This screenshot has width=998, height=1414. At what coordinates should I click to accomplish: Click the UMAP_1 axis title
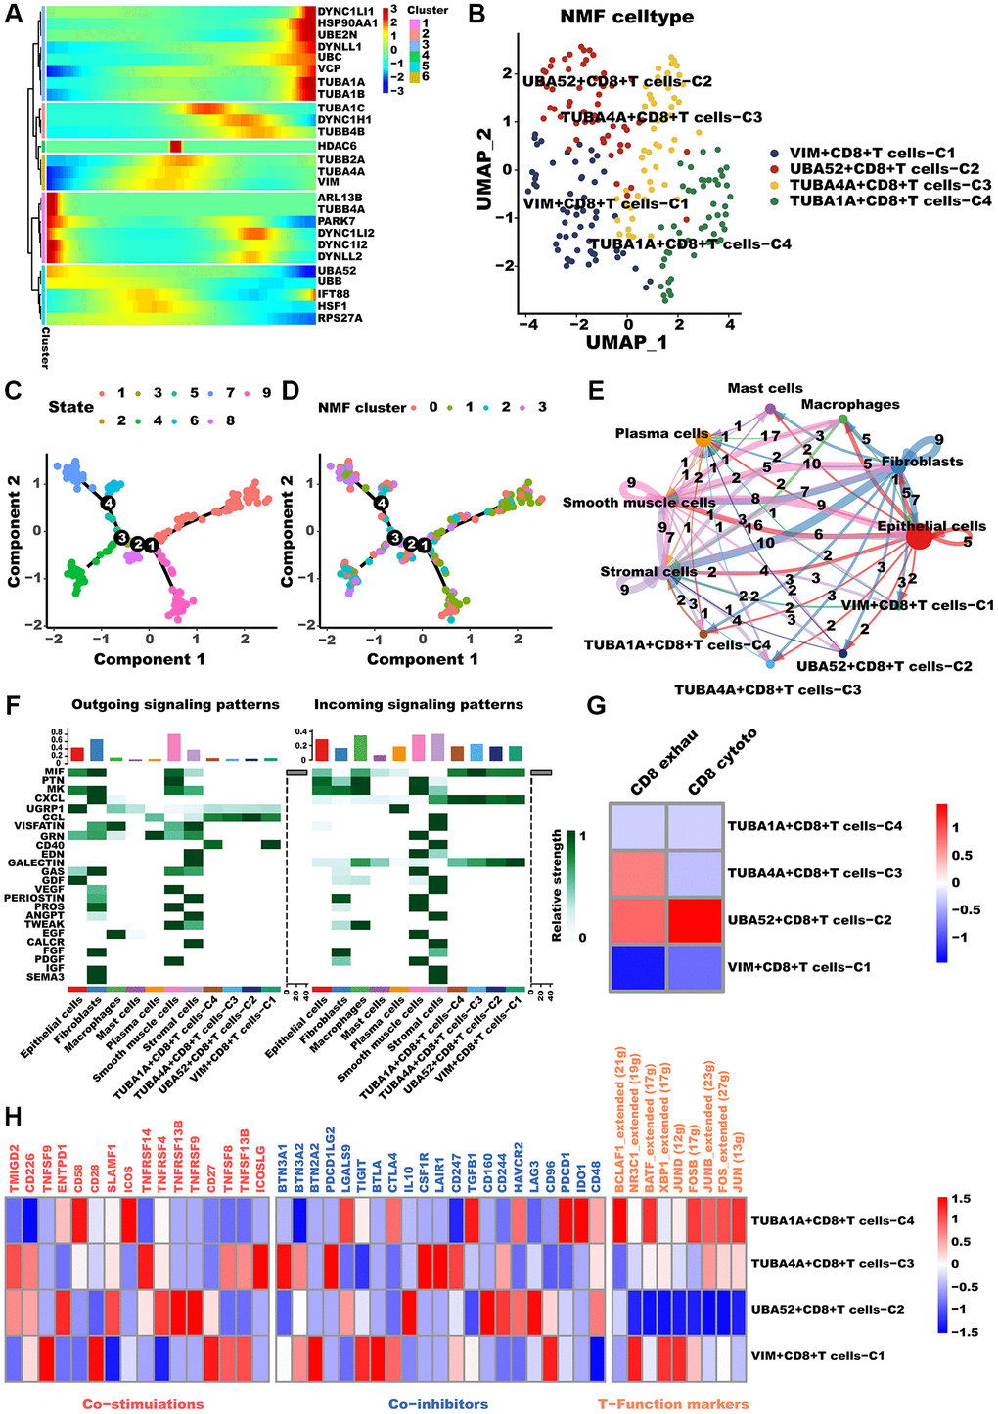pyautogui.click(x=627, y=342)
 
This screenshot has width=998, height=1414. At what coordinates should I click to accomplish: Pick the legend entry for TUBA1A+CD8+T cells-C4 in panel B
pyautogui.click(x=890, y=200)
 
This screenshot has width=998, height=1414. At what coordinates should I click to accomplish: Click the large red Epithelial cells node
pyautogui.click(x=919, y=536)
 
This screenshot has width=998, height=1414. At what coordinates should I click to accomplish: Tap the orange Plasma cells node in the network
pyautogui.click(x=703, y=442)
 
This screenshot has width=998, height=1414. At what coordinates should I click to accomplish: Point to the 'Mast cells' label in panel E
pyautogui.click(x=765, y=388)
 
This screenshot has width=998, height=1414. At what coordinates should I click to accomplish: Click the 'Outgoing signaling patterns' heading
pyautogui.click(x=175, y=704)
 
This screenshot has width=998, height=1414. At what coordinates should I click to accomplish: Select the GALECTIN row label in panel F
pyautogui.click(x=35, y=862)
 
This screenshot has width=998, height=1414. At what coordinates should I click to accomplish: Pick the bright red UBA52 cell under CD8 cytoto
pyautogui.click(x=695, y=920)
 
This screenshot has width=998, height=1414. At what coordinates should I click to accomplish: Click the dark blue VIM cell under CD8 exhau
pyautogui.click(x=638, y=967)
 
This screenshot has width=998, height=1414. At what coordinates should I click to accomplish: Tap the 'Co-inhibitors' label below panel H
pyautogui.click(x=437, y=1404)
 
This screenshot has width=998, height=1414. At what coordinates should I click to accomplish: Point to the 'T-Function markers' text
pyautogui.click(x=673, y=1404)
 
